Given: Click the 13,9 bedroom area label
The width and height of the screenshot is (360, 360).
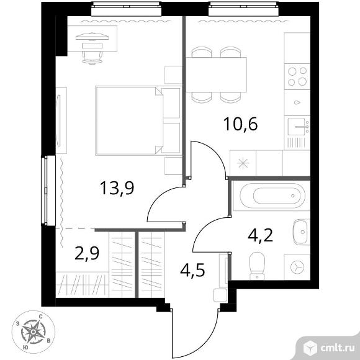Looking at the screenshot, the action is pyautogui.click(x=117, y=188).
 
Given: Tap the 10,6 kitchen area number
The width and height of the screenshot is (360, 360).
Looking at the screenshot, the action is pyautogui.click(x=240, y=124).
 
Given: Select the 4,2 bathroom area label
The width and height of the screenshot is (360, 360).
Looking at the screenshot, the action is pyautogui.click(x=261, y=235).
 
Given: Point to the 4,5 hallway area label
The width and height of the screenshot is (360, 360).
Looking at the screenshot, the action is pyautogui.click(x=192, y=270).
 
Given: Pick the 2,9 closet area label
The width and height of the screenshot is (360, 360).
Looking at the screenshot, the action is pyautogui.click(x=87, y=253).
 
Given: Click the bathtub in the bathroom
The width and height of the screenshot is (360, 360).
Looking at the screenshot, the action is pyautogui.click(x=272, y=196).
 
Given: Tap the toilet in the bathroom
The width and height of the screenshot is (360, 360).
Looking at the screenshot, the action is pyautogui.click(x=257, y=266).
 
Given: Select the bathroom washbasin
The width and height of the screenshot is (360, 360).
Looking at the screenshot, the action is pyautogui.click(x=300, y=232).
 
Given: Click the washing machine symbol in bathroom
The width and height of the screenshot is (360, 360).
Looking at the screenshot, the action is pyautogui.click(x=297, y=267).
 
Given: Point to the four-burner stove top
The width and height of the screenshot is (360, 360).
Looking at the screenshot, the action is pyautogui.click(x=297, y=76).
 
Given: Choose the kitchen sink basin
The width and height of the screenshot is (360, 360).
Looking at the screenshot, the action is pyautogui.click(x=297, y=127).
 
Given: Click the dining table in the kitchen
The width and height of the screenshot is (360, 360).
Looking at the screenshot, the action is pyautogui.click(x=216, y=74).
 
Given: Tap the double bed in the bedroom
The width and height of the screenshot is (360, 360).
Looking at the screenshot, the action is pyautogui.click(x=138, y=121).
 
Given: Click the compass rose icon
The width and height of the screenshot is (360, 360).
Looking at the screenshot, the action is pyautogui.click(x=34, y=332).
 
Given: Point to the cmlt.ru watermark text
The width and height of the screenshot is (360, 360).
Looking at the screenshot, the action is pyautogui.click(x=337, y=348).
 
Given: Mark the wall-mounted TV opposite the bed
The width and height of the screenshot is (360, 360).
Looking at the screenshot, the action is pyautogui.click(x=59, y=120).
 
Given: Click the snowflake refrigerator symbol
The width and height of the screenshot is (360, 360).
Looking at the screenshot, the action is pyautogui.click(x=243, y=163).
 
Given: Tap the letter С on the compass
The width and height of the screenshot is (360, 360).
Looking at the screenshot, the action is pyautogui.click(x=40, y=317).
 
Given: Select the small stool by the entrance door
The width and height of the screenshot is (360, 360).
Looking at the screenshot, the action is pyautogui.click(x=220, y=295).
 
